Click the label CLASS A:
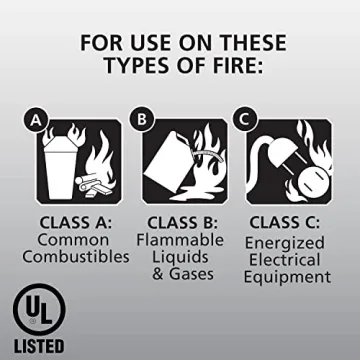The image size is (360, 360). [x=75, y=222]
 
